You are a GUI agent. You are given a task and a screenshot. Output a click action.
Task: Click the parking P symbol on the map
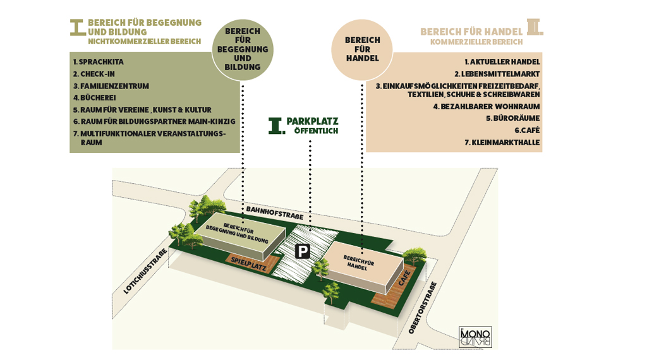coord(303,252)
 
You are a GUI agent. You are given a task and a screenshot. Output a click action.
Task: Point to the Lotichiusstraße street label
coord(146,271)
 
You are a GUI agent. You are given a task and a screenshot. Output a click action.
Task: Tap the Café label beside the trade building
coord(404,278)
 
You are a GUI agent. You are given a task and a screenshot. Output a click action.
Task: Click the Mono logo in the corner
coord(475,336)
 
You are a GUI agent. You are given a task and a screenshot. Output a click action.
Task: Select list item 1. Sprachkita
coord(98,62)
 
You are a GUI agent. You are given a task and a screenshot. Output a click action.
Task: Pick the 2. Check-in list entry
coord(95,74)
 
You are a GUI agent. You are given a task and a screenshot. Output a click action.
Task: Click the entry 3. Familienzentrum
coord(111,86)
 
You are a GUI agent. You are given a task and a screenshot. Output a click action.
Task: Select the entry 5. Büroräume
coord(512,118)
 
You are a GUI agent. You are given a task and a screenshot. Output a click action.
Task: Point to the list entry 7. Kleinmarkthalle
coord(502,142)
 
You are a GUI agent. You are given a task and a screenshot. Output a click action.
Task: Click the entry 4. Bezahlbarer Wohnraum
coord(487,106)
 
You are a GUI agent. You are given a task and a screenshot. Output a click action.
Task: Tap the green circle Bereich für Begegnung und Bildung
coord(242,49)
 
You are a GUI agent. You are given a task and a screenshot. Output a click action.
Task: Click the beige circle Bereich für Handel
coord(363,49)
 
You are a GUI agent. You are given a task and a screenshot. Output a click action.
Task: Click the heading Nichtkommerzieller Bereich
coord(144,42)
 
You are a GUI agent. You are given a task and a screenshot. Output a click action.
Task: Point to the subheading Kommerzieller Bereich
coord(476,42)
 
